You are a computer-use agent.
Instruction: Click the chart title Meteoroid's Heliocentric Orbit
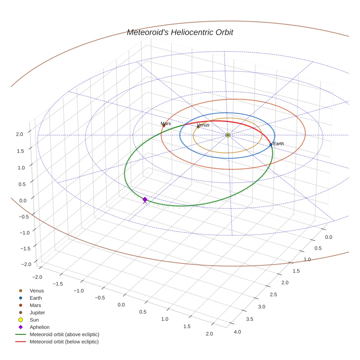tap(180, 32)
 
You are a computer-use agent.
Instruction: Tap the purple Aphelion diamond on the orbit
tap(145, 199)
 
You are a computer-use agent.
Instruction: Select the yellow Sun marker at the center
tap(228, 135)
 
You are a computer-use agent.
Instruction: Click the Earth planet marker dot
tap(271, 145)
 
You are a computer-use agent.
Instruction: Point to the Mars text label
tap(166, 124)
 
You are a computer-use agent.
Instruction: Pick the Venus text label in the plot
tap(203, 125)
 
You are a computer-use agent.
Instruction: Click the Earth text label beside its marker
tap(278, 144)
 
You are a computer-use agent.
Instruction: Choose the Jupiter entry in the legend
tap(37, 312)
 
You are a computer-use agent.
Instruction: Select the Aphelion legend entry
tap(39, 327)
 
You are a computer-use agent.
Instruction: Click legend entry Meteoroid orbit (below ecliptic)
tap(64, 342)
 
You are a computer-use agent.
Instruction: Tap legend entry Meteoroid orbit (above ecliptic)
tap(64, 334)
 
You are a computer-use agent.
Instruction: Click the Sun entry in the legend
tap(34, 320)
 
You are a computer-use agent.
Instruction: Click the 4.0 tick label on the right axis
tap(237, 332)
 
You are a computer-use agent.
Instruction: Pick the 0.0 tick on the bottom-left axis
tap(121, 305)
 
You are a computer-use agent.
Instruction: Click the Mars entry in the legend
tap(35, 305)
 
